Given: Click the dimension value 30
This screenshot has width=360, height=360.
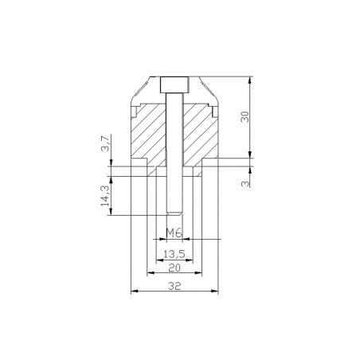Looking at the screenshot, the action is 245,116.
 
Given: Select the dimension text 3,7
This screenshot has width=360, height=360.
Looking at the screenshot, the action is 105,143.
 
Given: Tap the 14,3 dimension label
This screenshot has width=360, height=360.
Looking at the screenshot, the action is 105,196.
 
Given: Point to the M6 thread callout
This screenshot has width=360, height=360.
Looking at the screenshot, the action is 174,233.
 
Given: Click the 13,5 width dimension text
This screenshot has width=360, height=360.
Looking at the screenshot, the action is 174,254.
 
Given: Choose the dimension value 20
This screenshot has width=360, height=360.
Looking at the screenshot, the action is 174,268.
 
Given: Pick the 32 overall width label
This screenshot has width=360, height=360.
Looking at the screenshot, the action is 174,286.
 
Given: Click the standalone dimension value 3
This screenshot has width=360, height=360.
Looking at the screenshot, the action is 245,183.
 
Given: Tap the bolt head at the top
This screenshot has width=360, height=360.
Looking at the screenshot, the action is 174,84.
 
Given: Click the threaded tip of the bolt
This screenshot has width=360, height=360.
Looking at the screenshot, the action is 174,213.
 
